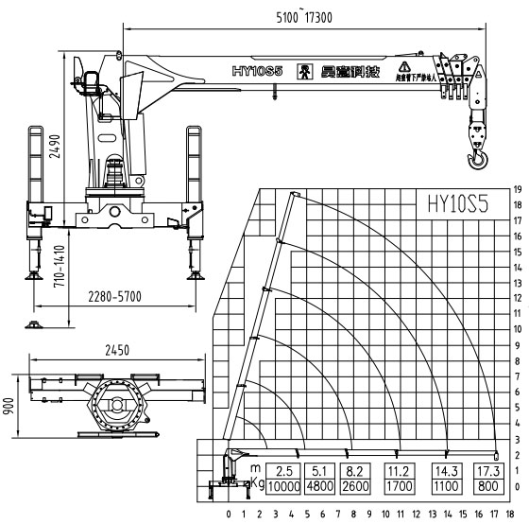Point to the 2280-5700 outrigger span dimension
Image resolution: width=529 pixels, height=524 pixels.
click(x=109, y=296)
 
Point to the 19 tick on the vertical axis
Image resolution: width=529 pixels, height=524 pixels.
click(x=517, y=187)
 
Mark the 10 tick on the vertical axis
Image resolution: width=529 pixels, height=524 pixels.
click(x=517, y=328)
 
